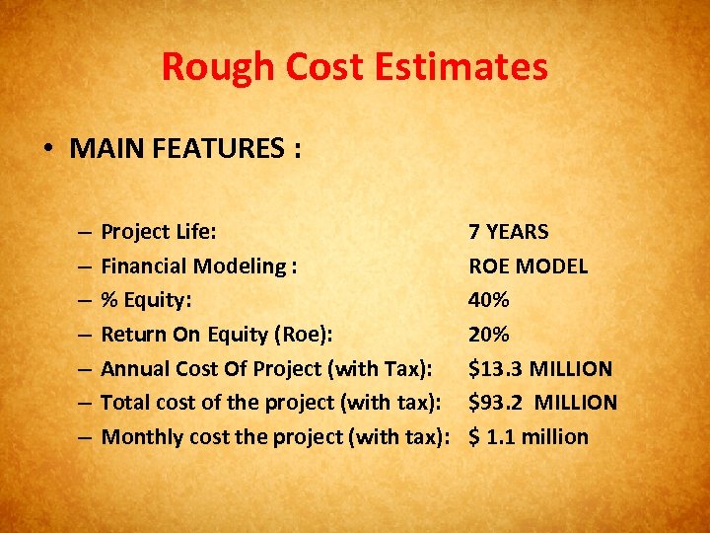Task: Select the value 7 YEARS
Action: tap(508, 232)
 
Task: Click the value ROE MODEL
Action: tap(528, 266)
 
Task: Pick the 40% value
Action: tap(489, 300)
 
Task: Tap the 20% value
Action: tap(489, 335)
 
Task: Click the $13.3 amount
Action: tap(496, 369)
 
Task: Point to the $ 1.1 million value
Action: tap(528, 437)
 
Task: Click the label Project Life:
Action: tap(159, 232)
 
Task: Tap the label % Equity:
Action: tap(147, 300)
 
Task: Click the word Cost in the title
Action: tap(323, 68)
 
